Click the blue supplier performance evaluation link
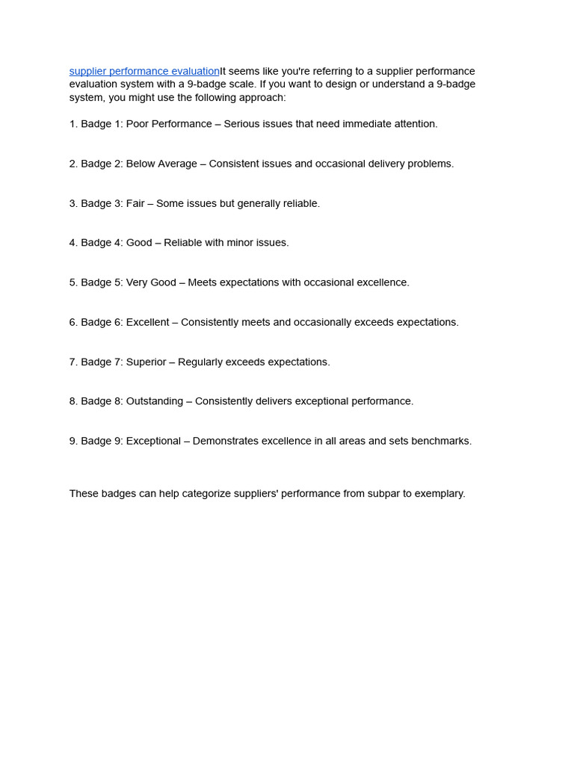point(144,71)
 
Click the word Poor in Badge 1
point(137,124)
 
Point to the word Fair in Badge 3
point(135,203)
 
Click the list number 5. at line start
point(73,282)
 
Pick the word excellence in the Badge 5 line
point(382,282)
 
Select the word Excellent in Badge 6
point(147,322)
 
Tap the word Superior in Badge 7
point(146,362)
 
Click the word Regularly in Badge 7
point(201,362)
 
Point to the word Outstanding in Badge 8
point(154,401)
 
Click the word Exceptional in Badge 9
point(154,441)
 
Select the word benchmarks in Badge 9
point(443,441)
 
